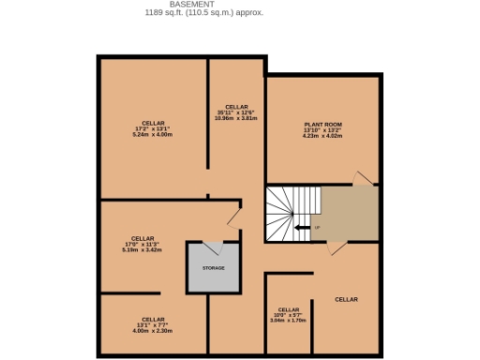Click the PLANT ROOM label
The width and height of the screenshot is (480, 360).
322,125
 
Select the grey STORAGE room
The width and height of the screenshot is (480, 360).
213,268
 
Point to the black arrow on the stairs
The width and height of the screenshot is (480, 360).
302,227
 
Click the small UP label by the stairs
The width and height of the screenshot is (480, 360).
317,228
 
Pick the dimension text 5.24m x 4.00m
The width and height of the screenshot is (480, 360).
153,135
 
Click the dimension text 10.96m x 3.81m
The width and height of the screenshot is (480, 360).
235,118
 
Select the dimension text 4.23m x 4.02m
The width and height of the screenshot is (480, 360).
322,136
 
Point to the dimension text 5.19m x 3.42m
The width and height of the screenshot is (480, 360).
142,250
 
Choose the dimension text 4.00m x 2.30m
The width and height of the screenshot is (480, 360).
153,330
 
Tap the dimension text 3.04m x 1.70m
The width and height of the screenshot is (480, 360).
288,321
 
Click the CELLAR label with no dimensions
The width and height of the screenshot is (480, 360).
347,299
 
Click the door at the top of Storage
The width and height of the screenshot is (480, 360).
213,247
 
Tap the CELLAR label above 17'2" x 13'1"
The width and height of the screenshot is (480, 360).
153,124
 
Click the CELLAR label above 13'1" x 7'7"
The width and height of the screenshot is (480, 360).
153,319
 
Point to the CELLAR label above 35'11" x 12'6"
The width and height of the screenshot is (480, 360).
235,107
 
